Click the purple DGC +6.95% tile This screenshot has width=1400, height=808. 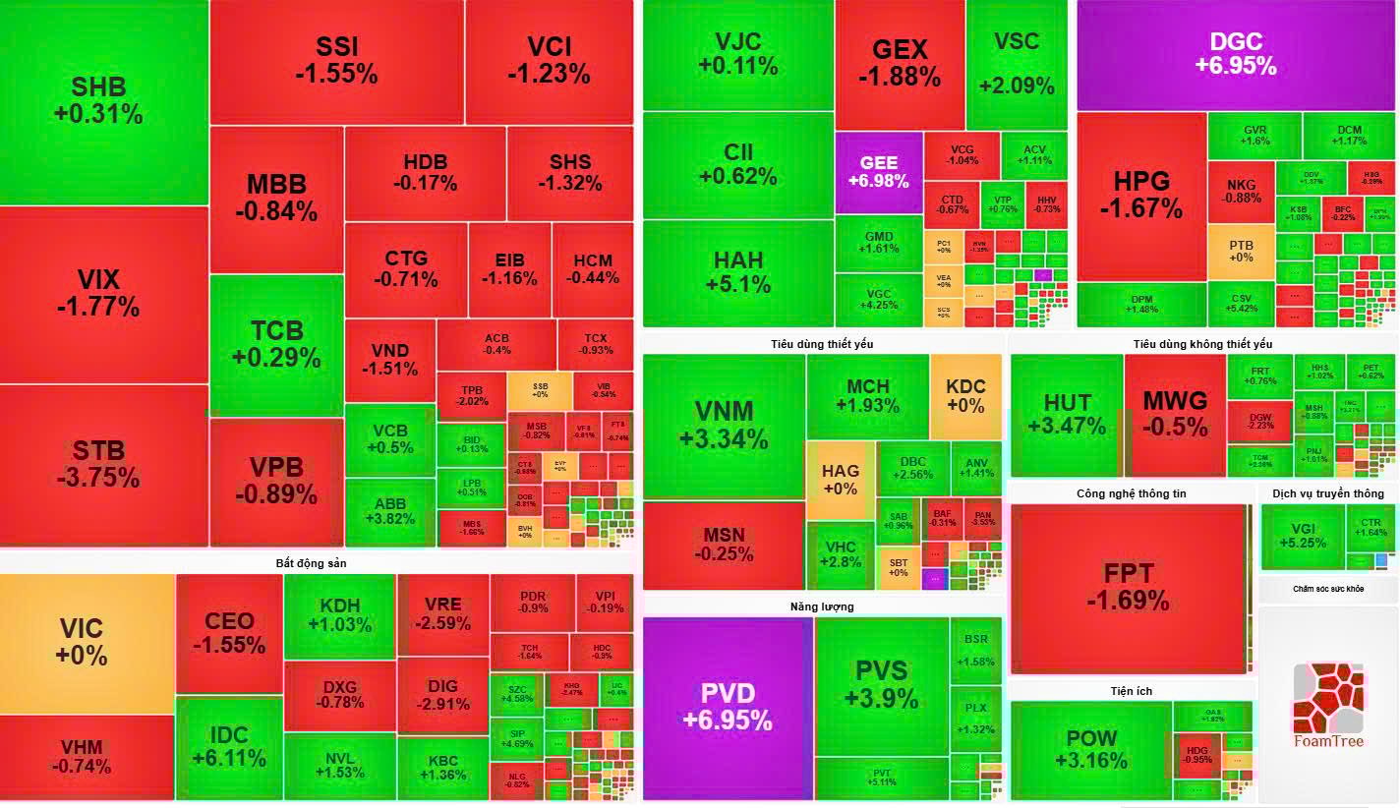[x=1236, y=55]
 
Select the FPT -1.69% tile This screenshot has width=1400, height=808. [x=1128, y=587]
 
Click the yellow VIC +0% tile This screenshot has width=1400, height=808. [x=87, y=643]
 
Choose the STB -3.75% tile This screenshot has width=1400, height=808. [x=103, y=464]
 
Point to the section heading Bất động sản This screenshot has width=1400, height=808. [x=311, y=563]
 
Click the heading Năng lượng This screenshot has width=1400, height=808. [x=822, y=606]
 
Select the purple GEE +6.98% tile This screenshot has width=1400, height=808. [x=878, y=173]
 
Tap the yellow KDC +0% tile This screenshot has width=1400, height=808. [x=965, y=396]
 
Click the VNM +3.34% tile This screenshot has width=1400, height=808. [x=724, y=425]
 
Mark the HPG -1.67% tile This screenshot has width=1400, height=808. [x=1141, y=196]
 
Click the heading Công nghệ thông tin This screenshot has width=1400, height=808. [x=1131, y=493]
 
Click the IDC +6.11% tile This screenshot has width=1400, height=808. [x=229, y=747]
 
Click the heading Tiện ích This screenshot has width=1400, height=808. [x=1131, y=691]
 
